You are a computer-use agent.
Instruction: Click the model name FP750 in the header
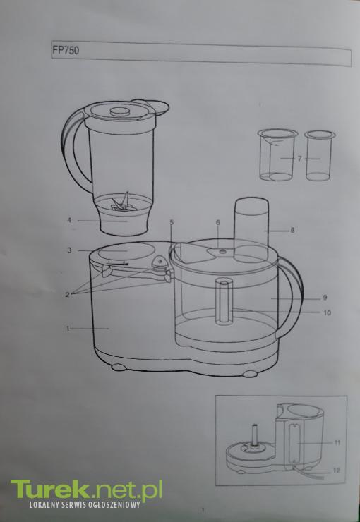pyautogui.click(x=66, y=51)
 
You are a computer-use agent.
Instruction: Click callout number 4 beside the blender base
pyautogui.click(x=69, y=220)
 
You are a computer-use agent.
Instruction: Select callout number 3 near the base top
pyautogui.click(x=69, y=250)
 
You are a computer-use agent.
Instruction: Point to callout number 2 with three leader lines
pyautogui.click(x=67, y=294)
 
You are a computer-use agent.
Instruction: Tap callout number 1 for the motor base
pyautogui.click(x=68, y=329)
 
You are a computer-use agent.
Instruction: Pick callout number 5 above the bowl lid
pyautogui.click(x=172, y=222)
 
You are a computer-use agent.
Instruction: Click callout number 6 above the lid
pyautogui.click(x=218, y=222)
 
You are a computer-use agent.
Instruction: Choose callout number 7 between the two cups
pyautogui.click(x=300, y=159)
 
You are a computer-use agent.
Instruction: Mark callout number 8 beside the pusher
pyautogui.click(x=292, y=230)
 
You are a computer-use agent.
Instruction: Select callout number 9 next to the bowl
pyautogui.click(x=325, y=298)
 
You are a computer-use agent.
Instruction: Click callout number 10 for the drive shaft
pyautogui.click(x=327, y=313)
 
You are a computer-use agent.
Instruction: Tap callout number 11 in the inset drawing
pyautogui.click(x=337, y=443)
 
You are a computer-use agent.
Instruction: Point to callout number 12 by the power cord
pyautogui.click(x=337, y=471)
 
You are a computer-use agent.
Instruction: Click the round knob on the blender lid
pyautogui.click(x=120, y=111)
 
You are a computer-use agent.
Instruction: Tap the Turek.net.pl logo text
pyautogui.click(x=86, y=490)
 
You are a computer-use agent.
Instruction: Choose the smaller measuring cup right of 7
pyautogui.click(x=319, y=155)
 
